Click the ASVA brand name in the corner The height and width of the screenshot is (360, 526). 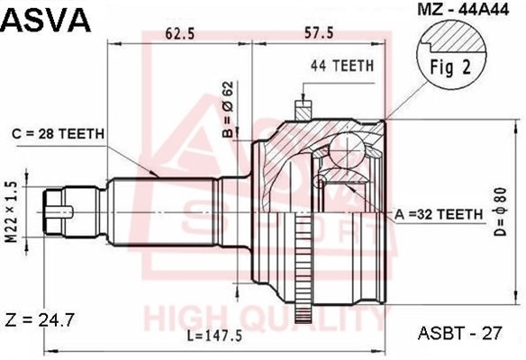pos(46,21)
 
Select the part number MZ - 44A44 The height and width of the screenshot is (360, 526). pos(463,10)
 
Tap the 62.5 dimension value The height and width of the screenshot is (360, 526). pos(180,34)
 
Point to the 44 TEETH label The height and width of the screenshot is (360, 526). pos(342,66)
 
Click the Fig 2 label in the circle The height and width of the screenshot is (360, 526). pos(451,67)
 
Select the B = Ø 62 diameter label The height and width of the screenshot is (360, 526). pos(228,109)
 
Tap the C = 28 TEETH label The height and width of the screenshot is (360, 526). pos(58,134)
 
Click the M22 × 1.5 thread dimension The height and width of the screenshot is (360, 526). pos(12,211)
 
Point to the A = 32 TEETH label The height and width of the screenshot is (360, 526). pos(439,214)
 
